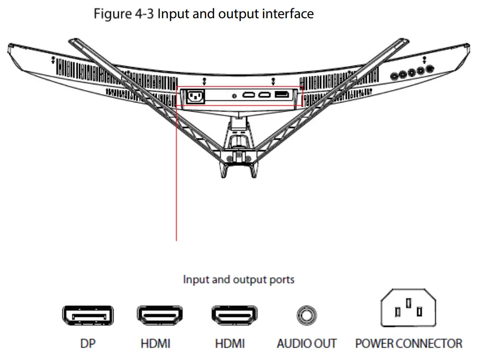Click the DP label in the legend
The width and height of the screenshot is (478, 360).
tap(87, 343)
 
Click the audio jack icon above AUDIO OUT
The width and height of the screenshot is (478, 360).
tap(307, 315)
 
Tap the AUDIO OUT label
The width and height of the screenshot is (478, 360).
tap(307, 343)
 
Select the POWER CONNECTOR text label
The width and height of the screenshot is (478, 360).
tap(409, 343)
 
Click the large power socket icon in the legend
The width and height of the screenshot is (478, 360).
tap(409, 311)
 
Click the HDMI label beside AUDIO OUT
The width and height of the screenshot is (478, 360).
tap(230, 343)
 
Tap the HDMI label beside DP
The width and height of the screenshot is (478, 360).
tap(155, 343)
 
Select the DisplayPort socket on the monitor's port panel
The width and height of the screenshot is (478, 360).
tap(282, 94)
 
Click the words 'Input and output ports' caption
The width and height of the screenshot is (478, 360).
tap(238, 279)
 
